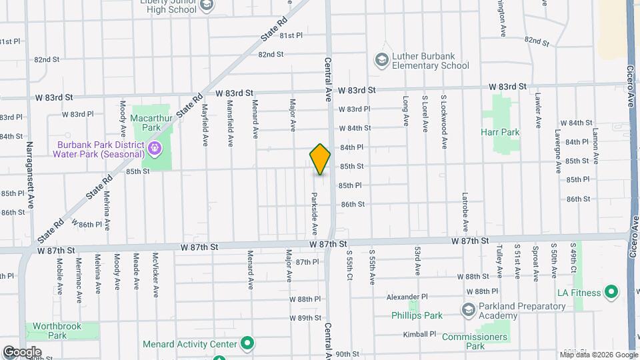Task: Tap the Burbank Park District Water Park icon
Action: (155, 147)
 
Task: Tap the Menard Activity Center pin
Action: (247, 344)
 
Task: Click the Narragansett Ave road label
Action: (29, 173)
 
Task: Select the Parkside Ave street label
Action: (314, 214)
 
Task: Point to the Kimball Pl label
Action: (419, 334)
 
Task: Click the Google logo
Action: (21, 352)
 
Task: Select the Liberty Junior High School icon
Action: (207, 5)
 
